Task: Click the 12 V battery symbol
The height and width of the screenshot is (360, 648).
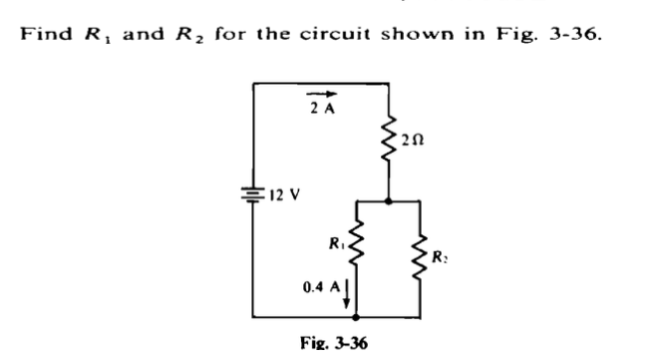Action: (254, 194)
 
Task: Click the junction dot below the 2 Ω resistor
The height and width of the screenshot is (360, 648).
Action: (387, 199)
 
